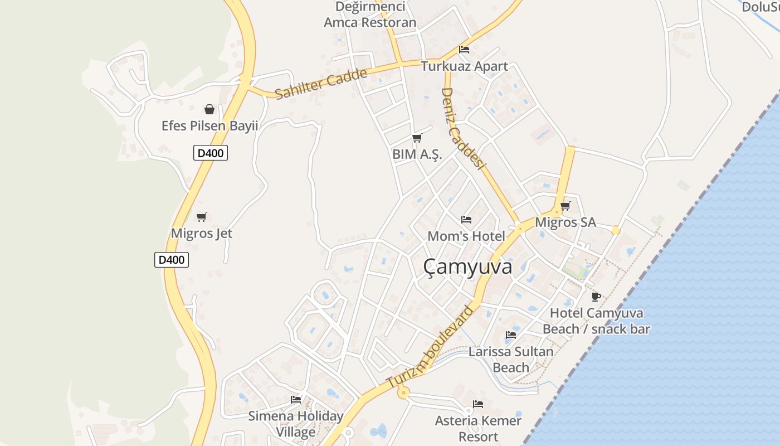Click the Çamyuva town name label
click(x=467, y=267)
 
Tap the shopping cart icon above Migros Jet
click(x=201, y=217)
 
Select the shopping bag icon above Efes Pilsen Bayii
click(x=209, y=109)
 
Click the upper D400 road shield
click(x=211, y=152)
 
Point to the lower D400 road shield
click(x=172, y=259)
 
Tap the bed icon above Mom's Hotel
click(x=466, y=220)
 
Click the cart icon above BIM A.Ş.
click(x=417, y=138)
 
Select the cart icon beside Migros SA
click(x=565, y=206)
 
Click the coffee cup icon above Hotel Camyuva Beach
click(x=596, y=297)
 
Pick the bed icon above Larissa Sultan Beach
click(x=510, y=335)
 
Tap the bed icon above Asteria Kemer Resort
click(x=477, y=404)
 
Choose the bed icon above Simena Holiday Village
click(x=295, y=400)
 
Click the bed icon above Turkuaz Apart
click(x=464, y=49)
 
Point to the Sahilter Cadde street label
click(x=321, y=84)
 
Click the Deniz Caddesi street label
click(x=463, y=128)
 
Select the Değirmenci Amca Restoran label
click(x=370, y=15)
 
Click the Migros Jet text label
click(x=202, y=233)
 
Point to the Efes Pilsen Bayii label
click(x=210, y=125)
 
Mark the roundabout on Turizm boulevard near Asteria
click(x=403, y=393)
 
